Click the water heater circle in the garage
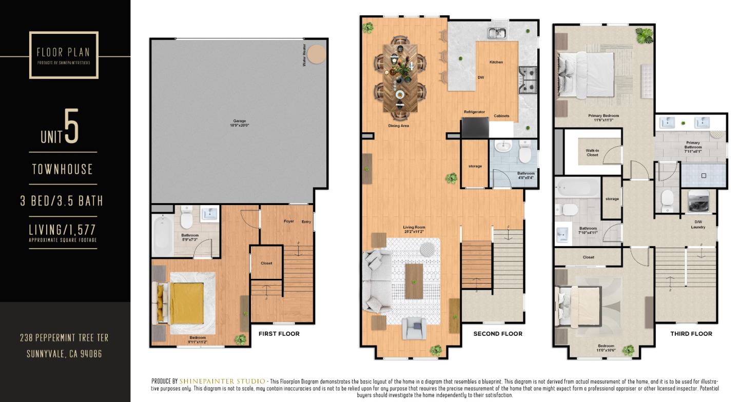316,54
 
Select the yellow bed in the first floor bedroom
186,304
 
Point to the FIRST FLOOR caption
279,334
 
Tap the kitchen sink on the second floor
497,33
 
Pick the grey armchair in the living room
414,329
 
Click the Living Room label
414,229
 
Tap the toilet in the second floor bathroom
524,152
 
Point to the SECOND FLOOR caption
497,334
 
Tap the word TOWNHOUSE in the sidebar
63,169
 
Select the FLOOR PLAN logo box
64,55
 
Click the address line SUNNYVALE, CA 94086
64,354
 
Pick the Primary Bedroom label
603,117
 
